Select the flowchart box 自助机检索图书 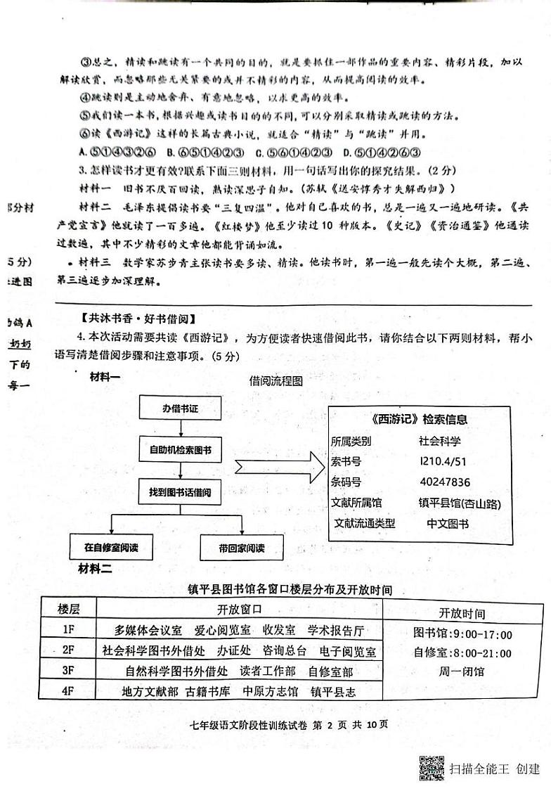180,449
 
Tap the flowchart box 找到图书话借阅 180,491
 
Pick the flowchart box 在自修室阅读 112,547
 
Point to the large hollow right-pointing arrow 279,467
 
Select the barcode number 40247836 444,482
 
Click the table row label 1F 69,630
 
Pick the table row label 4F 69,691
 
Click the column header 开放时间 462,613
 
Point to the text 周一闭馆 462,672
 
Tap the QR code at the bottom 432,768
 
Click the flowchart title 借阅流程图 276,382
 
